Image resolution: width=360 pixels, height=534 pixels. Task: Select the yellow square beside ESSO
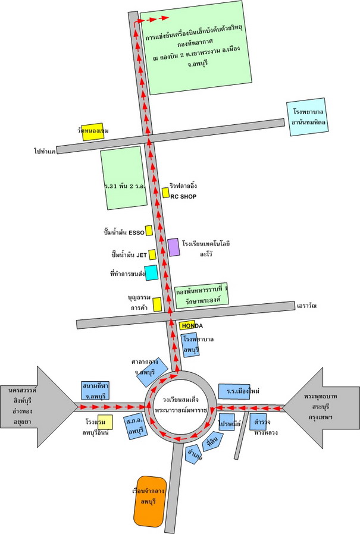point(149,230)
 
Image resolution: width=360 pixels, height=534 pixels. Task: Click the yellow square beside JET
point(152,255)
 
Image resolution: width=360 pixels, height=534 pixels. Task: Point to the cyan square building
point(151,272)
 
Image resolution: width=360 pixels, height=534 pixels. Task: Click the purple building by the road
point(173,247)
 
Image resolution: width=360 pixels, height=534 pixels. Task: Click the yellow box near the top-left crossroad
point(93,132)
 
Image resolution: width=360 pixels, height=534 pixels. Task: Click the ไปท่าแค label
point(45,152)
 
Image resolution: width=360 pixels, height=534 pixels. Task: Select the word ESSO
point(135,232)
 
